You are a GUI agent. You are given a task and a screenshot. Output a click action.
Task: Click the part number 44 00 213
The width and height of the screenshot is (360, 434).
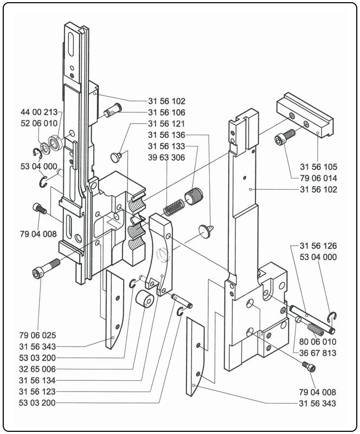point(39,112)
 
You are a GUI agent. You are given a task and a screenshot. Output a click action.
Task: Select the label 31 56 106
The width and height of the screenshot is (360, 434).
point(167,112)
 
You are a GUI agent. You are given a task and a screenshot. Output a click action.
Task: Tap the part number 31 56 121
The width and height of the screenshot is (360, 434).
point(167,124)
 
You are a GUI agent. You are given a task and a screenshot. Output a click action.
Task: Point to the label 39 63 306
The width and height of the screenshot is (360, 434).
point(167,158)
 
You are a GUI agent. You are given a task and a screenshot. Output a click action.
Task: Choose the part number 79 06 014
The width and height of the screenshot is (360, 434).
point(318,177)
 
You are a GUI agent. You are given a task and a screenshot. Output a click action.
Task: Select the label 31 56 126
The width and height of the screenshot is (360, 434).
point(318,245)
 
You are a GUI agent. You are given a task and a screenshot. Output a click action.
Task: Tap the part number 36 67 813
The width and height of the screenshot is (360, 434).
point(318,353)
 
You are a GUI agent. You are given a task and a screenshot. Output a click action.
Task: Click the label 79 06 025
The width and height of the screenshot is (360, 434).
point(38,335)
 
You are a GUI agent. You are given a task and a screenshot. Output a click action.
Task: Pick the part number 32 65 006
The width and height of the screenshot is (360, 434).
point(38,369)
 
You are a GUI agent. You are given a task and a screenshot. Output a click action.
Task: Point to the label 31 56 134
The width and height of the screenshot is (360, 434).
point(38,380)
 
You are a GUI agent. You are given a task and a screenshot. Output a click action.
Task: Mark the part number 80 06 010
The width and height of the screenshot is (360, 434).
point(318,342)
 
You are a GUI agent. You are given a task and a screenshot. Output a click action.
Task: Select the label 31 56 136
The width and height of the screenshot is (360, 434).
point(167,135)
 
